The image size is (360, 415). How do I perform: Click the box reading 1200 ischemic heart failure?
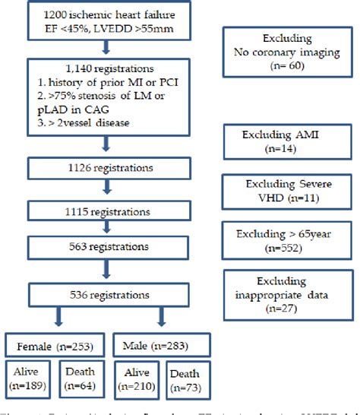tap(106, 29)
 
